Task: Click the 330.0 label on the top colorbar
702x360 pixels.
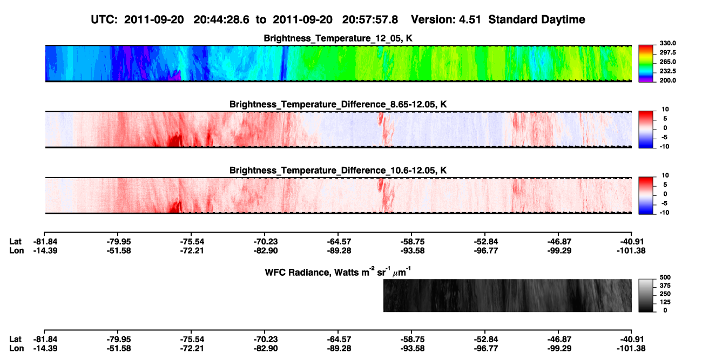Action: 667,43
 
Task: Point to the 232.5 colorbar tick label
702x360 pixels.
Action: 667,71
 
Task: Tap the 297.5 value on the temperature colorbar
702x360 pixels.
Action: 667,52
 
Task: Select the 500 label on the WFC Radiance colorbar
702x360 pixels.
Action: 665,277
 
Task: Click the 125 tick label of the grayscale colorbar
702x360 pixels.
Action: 665,302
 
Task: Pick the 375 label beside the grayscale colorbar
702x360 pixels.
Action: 665,286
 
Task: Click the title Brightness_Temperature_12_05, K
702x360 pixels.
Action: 338,38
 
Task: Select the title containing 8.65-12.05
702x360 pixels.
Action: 338,104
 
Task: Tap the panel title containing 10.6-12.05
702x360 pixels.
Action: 338,171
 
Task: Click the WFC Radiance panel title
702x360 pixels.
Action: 338,272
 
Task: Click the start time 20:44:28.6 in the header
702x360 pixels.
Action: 221,20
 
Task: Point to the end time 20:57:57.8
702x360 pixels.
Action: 370,20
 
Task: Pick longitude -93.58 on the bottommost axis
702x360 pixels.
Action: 412,349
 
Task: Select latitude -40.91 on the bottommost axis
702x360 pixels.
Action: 631,339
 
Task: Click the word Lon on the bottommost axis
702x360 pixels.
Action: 17,349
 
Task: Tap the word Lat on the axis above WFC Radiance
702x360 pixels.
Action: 15,242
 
